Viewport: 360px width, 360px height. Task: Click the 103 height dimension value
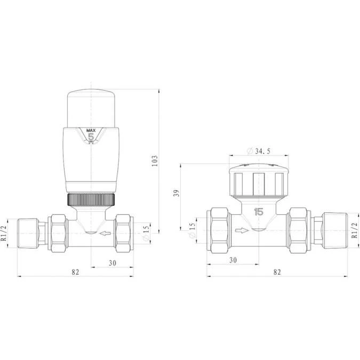click(155, 159)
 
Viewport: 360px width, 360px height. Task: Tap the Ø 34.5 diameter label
click(259, 151)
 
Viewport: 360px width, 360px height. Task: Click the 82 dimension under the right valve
click(277, 271)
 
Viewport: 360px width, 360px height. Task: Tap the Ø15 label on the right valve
click(193, 230)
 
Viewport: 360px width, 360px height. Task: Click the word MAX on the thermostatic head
click(91, 130)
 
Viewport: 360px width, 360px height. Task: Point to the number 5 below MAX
click(91, 138)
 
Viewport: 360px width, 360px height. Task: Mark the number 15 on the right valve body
click(259, 212)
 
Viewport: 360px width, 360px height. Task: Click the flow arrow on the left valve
click(107, 233)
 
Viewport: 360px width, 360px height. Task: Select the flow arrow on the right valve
click(242, 231)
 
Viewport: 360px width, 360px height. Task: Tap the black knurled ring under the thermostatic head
click(92, 201)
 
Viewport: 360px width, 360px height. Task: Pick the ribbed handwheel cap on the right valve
click(259, 181)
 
